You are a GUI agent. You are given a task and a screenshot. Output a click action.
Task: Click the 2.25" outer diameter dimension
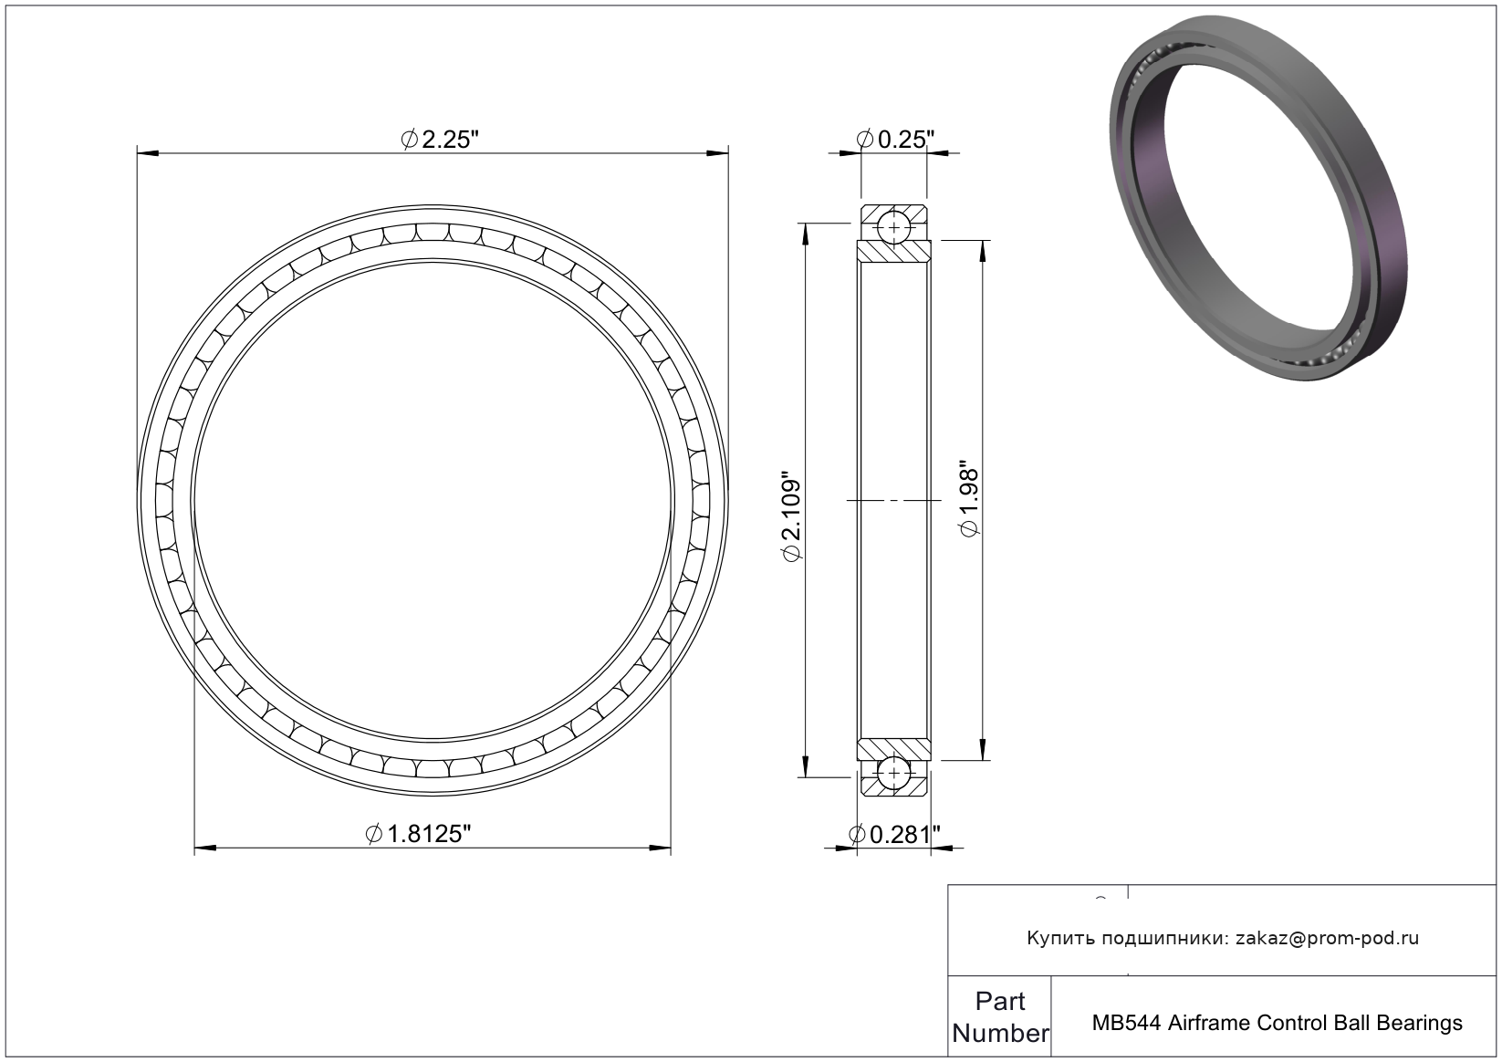(440, 140)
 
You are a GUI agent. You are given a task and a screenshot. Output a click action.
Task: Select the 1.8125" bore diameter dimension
(418, 834)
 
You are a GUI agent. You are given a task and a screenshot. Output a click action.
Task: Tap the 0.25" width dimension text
(895, 140)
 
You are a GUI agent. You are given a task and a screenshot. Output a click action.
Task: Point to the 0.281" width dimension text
(894, 835)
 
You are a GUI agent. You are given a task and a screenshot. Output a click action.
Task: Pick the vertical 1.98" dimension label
(970, 498)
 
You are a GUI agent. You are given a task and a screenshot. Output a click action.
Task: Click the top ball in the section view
(894, 228)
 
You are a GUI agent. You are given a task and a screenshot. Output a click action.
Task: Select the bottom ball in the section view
(894, 774)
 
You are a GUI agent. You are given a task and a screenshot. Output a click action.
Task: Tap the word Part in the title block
(1000, 1002)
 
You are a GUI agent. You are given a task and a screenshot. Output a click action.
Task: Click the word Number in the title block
(1000, 1033)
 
